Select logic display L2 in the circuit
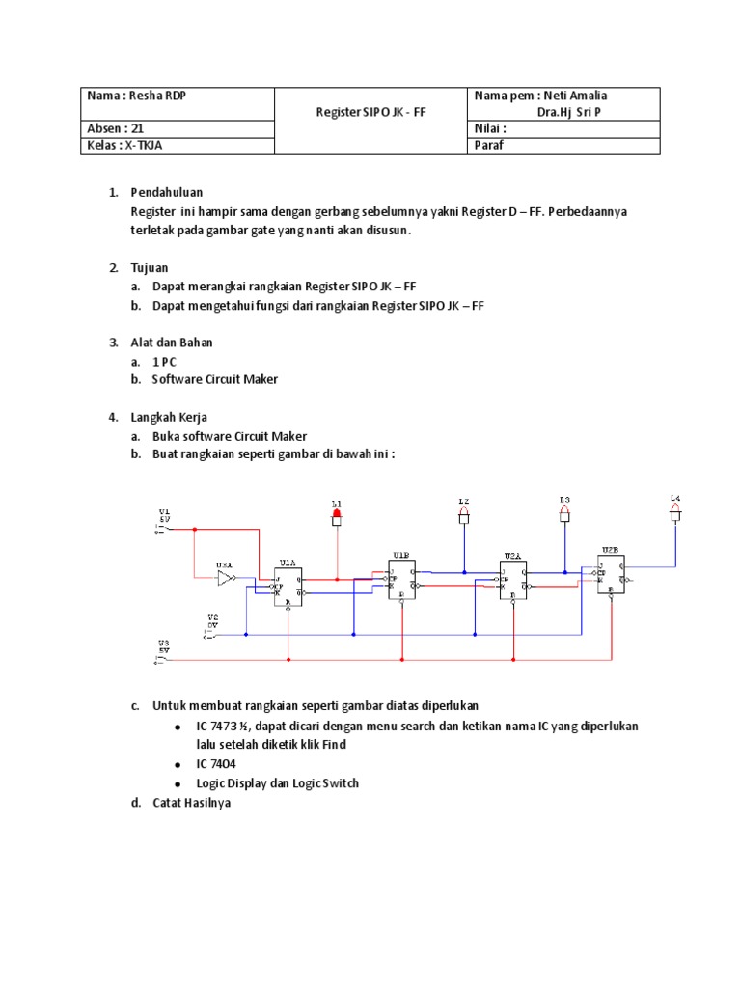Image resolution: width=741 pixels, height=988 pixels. click(x=464, y=517)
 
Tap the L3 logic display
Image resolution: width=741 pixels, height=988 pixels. click(x=564, y=515)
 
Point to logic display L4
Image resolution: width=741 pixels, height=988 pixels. click(x=675, y=514)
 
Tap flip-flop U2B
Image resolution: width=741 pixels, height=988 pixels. click(x=610, y=575)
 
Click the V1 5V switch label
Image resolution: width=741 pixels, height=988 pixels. click(x=164, y=517)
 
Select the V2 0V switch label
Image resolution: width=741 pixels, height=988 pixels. click(x=213, y=620)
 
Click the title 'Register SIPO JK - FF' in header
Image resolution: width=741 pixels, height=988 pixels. click(x=371, y=112)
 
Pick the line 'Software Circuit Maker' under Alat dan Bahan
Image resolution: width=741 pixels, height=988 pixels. click(x=214, y=379)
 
